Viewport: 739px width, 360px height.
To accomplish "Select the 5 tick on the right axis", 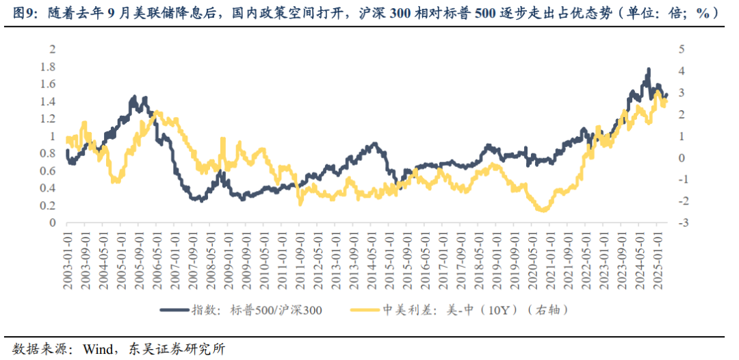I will (x=681, y=49).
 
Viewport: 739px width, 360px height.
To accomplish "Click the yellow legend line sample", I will (x=366, y=310).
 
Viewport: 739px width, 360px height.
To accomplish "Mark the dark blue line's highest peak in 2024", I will (x=647, y=70).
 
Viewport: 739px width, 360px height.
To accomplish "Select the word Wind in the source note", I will (x=97, y=348).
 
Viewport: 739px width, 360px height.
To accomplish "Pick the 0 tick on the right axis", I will (x=681, y=157).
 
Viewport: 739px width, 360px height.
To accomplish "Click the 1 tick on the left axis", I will (x=52, y=136).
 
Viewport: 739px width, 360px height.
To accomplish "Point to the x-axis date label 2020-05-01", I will (x=531, y=259).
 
